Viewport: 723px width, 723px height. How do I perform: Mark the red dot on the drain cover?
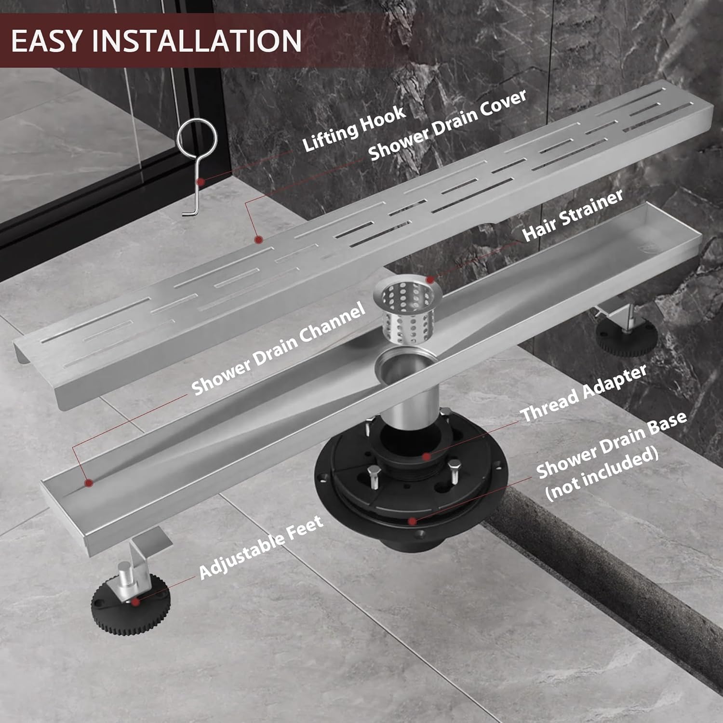point(259,239)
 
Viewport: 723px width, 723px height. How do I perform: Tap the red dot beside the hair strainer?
point(430,279)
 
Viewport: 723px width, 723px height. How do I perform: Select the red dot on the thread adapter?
point(426,455)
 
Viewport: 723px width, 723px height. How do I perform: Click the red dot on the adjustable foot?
point(136,601)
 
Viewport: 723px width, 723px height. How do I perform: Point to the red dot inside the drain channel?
point(88,482)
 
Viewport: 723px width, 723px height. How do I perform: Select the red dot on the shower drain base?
point(411,521)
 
